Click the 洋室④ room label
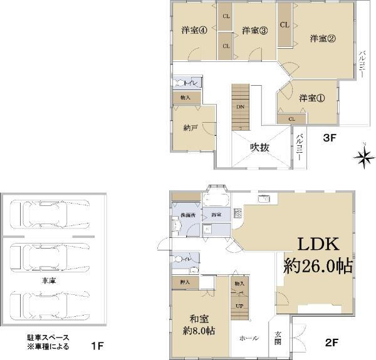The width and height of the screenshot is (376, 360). pos(191,31)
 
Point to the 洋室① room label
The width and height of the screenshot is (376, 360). pos(311,98)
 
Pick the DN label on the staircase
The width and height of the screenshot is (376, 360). pos(240,107)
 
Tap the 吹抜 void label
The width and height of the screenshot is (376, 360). pos(260,147)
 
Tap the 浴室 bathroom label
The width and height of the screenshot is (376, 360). pos(216,214)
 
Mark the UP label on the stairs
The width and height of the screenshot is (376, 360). pos(239,306)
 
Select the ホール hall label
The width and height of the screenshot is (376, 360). pos(249,337)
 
